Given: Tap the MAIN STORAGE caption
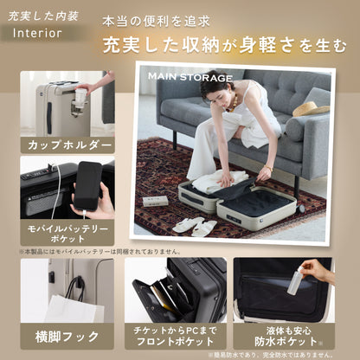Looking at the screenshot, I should coord(190,77).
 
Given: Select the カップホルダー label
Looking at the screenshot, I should coord(69,144).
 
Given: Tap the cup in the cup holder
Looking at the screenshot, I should coord(81,96).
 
